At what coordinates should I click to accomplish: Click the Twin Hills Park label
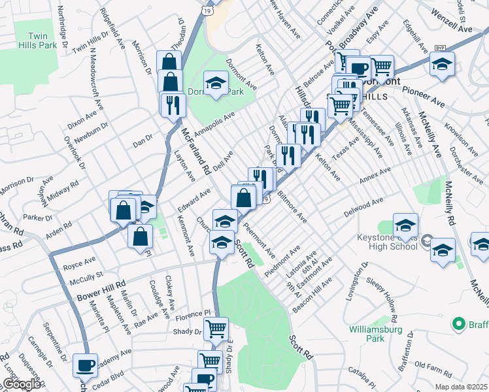39,42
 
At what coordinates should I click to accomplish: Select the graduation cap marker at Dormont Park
215,83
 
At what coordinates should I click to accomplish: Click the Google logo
21,385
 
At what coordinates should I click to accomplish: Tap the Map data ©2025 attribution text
458,386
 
